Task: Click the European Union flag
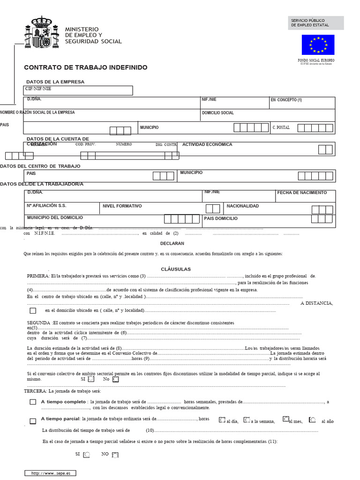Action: point(318,45)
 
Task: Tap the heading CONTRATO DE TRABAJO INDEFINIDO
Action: point(86,67)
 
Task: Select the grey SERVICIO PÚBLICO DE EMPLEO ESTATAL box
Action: point(315,23)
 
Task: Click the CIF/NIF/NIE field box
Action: point(78,90)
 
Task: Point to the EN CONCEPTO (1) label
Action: point(286,100)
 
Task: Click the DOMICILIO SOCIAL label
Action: point(217,113)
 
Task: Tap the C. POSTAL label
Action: point(281,127)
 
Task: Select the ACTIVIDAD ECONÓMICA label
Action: point(207,144)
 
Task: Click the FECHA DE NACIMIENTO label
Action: point(302,193)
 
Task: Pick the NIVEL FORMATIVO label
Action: point(122,206)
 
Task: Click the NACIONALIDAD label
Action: point(242,206)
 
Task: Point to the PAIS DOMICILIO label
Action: point(221,218)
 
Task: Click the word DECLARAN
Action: point(172,243)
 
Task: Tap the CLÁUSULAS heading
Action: point(176,269)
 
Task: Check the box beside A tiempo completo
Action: point(33,402)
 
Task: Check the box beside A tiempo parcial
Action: point(33,421)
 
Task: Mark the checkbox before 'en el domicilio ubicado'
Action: point(33,310)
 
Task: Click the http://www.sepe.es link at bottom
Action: point(50,473)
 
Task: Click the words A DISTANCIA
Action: point(316,303)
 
